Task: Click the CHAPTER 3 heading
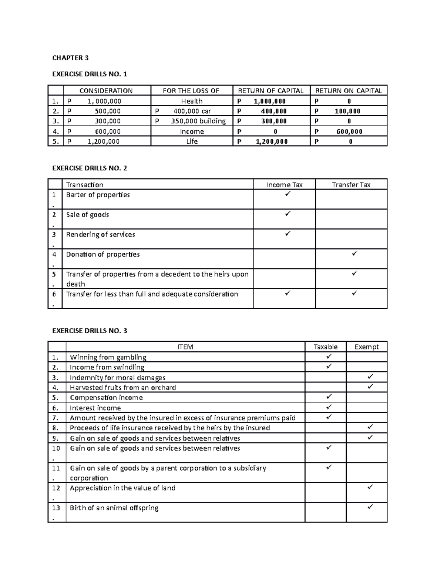pos(70,58)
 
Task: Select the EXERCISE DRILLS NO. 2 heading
pos(90,168)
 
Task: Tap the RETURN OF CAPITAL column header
pos(270,91)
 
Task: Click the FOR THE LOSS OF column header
pos(192,91)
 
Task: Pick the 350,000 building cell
pos(192,121)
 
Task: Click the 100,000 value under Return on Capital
pos(347,111)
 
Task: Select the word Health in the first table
pos(192,101)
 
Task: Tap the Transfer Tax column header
pos(351,185)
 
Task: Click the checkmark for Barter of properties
pos(287,194)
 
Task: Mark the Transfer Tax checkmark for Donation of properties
pos(354,254)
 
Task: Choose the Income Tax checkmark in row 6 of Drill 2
pos(287,293)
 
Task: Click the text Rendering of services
pos(100,234)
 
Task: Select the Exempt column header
pos(366,347)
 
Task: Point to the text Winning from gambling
pos(108,357)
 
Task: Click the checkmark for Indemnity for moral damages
pos(370,377)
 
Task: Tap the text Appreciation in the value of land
pos(122,488)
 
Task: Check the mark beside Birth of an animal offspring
pos(370,507)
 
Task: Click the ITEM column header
pos(185,347)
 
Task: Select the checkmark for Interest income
pos(329,407)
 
